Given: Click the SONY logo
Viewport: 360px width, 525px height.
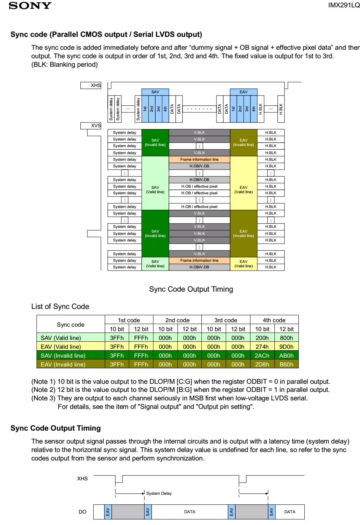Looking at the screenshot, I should (30, 6).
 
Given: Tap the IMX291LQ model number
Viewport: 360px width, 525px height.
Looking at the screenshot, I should (344, 5).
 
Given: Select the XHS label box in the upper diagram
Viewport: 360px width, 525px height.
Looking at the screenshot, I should (91, 86).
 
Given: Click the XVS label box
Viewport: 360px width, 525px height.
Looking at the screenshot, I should (91, 126).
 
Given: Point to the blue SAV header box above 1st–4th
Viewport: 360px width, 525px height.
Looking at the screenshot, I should (155, 92).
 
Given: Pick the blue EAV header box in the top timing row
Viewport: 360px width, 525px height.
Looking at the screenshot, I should (243, 92).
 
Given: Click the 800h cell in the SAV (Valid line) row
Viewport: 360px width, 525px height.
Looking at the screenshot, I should (286, 338).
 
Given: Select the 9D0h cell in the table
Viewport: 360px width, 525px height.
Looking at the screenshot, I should (286, 347).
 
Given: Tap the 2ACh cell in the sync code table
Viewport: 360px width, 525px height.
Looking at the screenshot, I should (262, 355).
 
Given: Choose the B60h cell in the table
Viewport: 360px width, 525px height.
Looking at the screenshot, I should (286, 364).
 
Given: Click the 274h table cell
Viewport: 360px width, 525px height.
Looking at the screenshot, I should (262, 347).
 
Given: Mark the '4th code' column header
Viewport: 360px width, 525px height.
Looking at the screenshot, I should (274, 320).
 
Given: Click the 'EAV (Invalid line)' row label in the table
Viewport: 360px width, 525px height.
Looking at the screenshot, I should (63, 364).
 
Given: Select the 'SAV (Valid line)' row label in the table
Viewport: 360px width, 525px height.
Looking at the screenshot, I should (61, 338).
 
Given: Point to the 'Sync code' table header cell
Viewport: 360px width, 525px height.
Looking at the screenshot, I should (70, 324).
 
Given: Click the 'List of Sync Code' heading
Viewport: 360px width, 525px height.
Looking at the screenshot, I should (60, 306).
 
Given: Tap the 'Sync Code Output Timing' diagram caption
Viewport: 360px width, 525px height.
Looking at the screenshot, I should (191, 289).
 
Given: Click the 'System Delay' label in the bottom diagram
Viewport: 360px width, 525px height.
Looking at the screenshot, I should (159, 493).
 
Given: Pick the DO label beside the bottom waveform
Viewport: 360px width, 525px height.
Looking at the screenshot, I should (82, 512).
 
